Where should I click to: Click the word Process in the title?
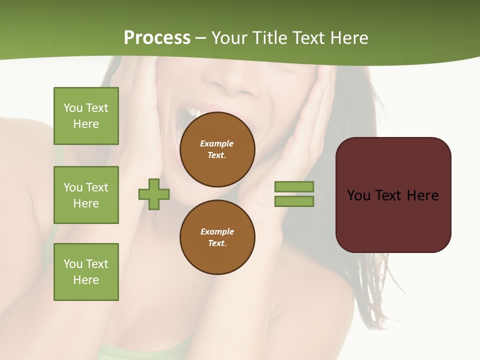(x=157, y=38)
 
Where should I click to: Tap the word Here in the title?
(x=348, y=38)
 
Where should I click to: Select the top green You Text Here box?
(x=86, y=116)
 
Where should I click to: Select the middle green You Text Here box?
(x=86, y=195)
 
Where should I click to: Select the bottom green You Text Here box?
(x=86, y=272)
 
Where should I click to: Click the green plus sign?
(x=154, y=194)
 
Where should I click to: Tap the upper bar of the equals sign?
(x=294, y=186)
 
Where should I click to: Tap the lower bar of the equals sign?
(x=294, y=201)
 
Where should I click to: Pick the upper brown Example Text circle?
(x=217, y=149)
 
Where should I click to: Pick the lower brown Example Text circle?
(x=217, y=237)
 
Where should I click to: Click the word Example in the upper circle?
(x=216, y=143)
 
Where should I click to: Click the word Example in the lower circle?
(x=217, y=231)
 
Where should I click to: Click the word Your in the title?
(x=230, y=38)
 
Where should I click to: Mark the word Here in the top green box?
(x=86, y=124)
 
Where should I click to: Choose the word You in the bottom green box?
(x=72, y=264)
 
